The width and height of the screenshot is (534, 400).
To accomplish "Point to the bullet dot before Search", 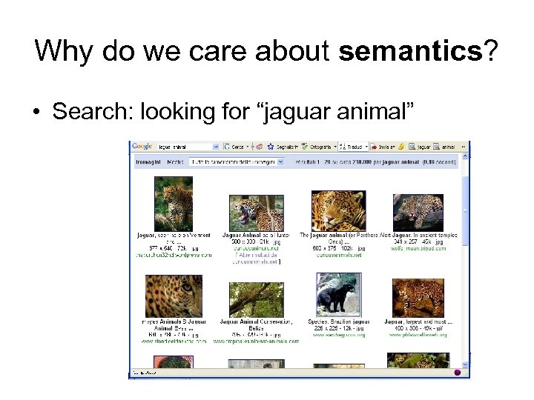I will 37,113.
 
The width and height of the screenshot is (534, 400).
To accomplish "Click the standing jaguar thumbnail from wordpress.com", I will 174,209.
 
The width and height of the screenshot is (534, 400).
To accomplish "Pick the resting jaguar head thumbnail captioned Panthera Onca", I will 338,210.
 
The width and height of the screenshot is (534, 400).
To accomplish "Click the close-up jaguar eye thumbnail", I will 174,296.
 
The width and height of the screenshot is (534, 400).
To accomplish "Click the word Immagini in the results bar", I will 148,161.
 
